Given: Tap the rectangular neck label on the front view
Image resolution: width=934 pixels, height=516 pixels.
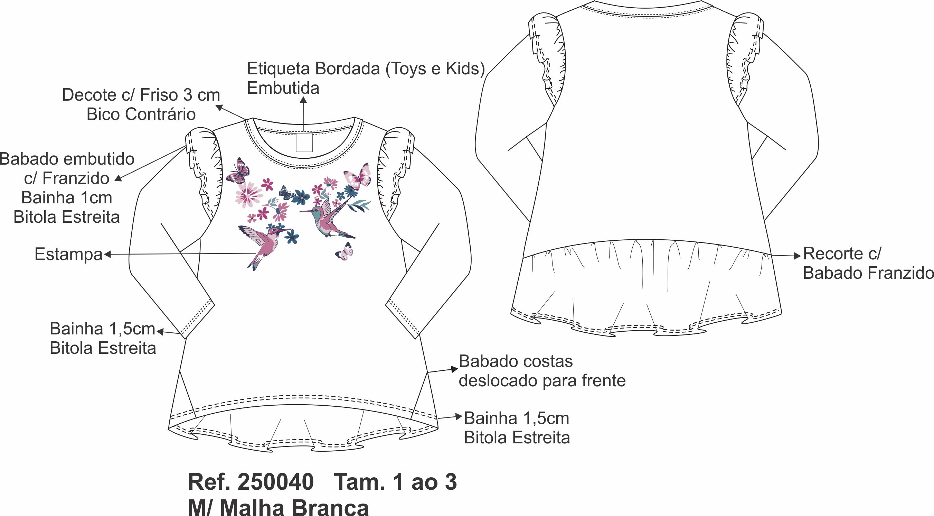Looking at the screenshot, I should point(304,142).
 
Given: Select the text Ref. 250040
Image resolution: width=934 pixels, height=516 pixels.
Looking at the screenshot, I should point(251,482).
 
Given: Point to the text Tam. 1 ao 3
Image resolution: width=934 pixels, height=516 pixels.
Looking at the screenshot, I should point(395,482).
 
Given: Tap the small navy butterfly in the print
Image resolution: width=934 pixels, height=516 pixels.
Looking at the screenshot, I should point(287,193).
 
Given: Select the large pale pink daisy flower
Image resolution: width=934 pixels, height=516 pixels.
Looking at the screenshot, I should point(249,195).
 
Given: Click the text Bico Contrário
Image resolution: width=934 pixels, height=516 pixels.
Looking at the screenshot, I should point(141,115).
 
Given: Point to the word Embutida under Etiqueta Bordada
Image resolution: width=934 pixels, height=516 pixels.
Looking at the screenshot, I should point(283,88).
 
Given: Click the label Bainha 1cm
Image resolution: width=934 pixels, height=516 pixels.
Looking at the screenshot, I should point(67,198).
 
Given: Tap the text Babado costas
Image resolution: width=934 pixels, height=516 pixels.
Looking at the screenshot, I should point(516,361).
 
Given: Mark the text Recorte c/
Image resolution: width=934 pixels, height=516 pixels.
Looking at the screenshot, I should point(842,254).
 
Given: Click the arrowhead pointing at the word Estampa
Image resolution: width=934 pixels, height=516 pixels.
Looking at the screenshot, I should point(107,255).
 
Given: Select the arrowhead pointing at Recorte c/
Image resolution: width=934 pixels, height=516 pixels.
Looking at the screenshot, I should point(797,256).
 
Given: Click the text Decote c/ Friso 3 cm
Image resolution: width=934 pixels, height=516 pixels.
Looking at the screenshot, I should point(141,95).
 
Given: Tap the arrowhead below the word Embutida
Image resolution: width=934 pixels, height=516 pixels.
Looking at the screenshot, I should point(303,99).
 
